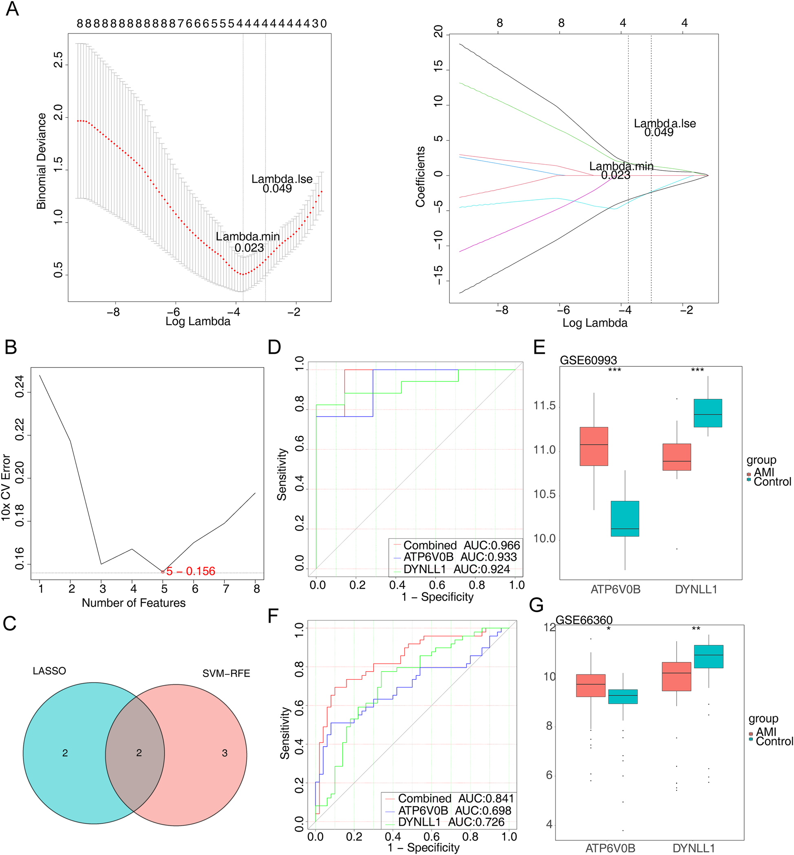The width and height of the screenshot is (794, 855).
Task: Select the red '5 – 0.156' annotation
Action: coord(190,571)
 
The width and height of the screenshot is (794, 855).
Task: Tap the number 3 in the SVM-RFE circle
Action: coord(224,753)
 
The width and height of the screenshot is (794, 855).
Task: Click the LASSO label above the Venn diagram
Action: coord(49,671)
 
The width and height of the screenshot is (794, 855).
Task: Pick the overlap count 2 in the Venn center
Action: coord(139,752)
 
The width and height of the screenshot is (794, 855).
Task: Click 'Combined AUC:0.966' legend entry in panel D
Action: coord(456,545)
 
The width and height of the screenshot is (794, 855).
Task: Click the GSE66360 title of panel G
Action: coord(584,620)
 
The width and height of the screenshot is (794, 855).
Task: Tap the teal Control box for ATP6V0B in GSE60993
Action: coord(625,518)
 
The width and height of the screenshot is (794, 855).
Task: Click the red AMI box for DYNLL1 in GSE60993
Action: coord(677,457)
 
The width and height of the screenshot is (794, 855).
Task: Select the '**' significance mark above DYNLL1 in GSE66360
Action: coord(696,629)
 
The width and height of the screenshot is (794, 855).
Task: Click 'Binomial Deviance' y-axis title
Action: coord(41,161)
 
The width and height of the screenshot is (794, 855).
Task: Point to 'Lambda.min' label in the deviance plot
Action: coord(247,236)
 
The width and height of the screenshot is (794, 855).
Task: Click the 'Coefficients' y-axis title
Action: coord(420,176)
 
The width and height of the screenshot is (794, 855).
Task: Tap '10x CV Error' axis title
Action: coord(6,487)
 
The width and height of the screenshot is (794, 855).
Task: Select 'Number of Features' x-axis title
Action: coord(134,603)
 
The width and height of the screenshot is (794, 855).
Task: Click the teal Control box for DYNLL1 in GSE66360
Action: coord(708,656)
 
